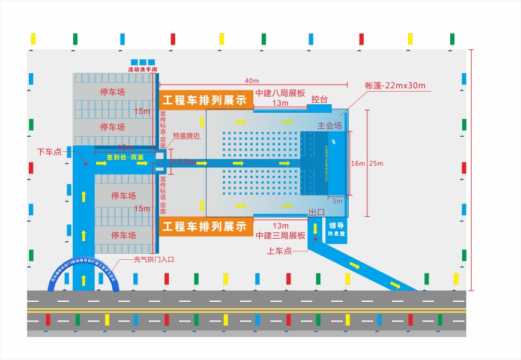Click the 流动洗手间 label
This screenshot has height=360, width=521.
click(142, 70)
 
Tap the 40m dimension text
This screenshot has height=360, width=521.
click(251, 81)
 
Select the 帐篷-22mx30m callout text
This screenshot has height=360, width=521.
click(395, 85)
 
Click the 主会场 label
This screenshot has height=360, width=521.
click(330, 126)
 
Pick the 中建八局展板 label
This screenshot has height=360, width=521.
click(280, 94)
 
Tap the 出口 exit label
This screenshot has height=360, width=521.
click(316, 213)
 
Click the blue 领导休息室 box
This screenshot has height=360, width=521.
click(336, 229)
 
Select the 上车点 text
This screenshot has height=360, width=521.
click(279, 251)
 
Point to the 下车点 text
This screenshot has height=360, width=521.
click(49, 151)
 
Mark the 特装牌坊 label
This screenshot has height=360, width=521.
click(186, 136)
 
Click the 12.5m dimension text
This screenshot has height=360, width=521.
click(184, 162)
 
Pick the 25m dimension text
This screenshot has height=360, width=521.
click(376, 163)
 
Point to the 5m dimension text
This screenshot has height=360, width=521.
click(337, 201)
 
